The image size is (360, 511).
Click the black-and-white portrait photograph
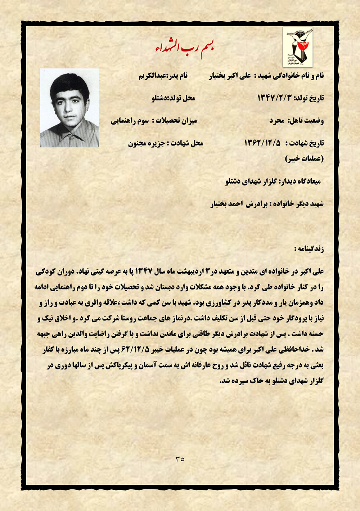(x=69, y=108)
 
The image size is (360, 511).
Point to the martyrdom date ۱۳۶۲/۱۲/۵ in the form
(x=262, y=143)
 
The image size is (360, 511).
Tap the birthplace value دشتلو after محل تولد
(x=160, y=98)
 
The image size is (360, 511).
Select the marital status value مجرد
(x=277, y=121)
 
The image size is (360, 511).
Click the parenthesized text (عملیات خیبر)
(x=304, y=158)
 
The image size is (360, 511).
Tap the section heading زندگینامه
(x=309, y=249)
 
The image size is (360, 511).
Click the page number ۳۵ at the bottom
(x=180, y=459)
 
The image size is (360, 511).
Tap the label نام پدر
(x=179, y=76)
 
